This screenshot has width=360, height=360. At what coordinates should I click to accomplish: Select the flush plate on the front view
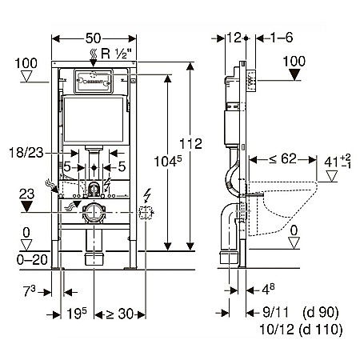point(94,82)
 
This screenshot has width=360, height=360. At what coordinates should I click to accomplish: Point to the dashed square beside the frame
point(146,213)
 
